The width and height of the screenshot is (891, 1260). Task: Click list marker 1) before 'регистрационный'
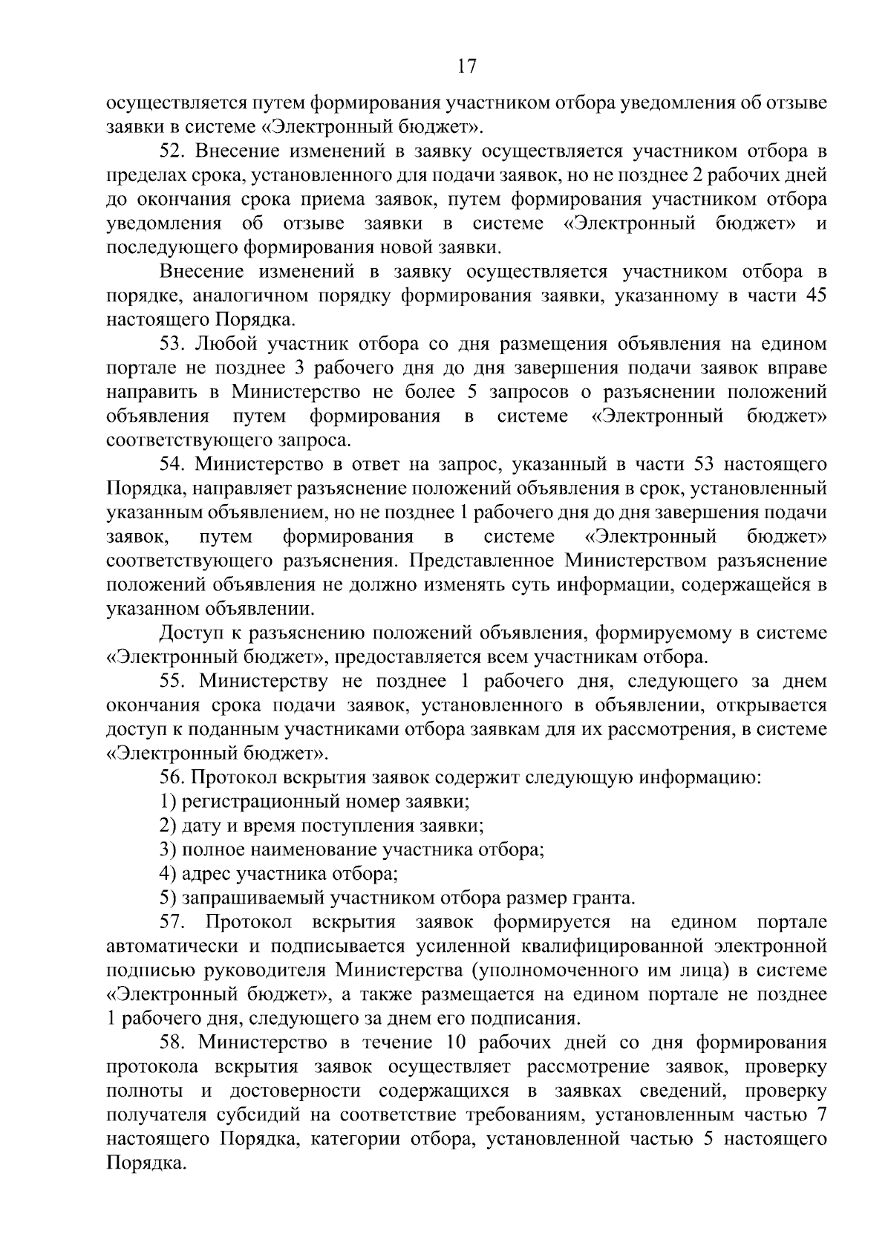click(168, 802)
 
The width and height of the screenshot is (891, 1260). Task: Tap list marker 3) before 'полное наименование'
click(168, 850)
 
